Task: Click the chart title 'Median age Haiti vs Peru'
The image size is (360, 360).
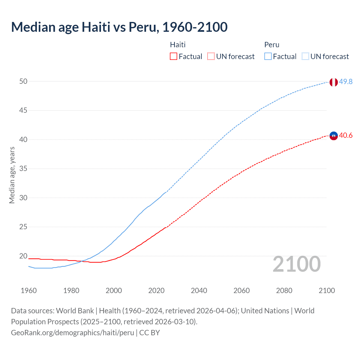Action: [119, 27]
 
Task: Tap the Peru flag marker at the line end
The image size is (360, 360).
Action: [333, 82]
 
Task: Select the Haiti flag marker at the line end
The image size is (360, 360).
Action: [333, 136]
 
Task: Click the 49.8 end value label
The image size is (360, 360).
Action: [346, 82]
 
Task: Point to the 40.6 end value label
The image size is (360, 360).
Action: [346, 136]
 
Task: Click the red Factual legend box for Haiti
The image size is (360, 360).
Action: [174, 57]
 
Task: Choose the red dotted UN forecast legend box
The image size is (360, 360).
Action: [211, 57]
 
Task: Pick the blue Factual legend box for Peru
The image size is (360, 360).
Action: [268, 57]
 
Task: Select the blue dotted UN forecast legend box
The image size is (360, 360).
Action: [305, 57]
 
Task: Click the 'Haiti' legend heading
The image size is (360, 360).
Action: [178, 45]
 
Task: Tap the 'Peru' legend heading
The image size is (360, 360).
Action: [272, 45]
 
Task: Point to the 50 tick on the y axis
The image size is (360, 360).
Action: [23, 81]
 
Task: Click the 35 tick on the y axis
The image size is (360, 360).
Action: [23, 169]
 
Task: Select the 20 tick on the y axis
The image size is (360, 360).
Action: [23, 256]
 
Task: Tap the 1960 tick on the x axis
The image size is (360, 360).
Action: [29, 291]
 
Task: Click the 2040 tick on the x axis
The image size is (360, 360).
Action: [199, 291]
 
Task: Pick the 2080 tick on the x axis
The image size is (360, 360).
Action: [284, 291]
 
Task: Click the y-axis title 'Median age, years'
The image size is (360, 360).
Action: [12, 175]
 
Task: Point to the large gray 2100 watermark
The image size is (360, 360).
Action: [296, 264]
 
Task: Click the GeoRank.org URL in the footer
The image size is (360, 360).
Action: [73, 333]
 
